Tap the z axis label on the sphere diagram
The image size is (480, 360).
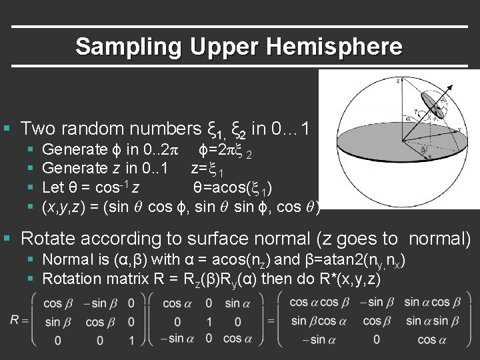pos(398,81)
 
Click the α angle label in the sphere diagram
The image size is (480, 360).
pos(407,119)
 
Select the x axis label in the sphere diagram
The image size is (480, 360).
pos(429,157)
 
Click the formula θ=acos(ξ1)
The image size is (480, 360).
pos(231,187)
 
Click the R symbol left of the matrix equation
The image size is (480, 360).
pos(14,321)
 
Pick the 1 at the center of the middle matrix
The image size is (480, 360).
pos(209,321)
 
